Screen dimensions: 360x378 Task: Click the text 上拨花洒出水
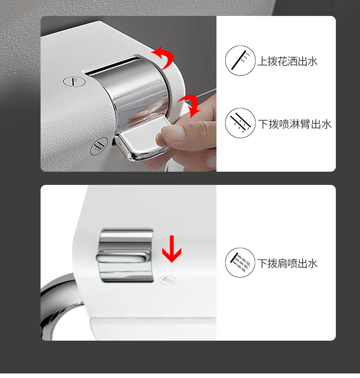[x=288, y=61]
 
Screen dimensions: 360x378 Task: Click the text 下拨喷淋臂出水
[x=295, y=124]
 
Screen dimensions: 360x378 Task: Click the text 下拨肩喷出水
[x=288, y=263]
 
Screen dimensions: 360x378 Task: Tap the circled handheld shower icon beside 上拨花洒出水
[x=240, y=61]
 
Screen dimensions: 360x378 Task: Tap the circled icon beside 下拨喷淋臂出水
[x=240, y=123]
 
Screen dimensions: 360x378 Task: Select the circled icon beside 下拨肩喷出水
[x=240, y=262]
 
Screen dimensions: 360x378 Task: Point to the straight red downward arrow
[x=171, y=249]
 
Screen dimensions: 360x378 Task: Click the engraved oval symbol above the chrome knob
[x=74, y=82]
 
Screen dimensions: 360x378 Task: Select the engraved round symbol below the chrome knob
[x=99, y=146]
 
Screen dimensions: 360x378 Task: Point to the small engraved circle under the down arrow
[x=168, y=280]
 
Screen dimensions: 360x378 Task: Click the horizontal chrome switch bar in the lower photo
[x=123, y=256]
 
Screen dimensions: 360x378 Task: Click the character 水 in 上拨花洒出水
[x=313, y=61]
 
